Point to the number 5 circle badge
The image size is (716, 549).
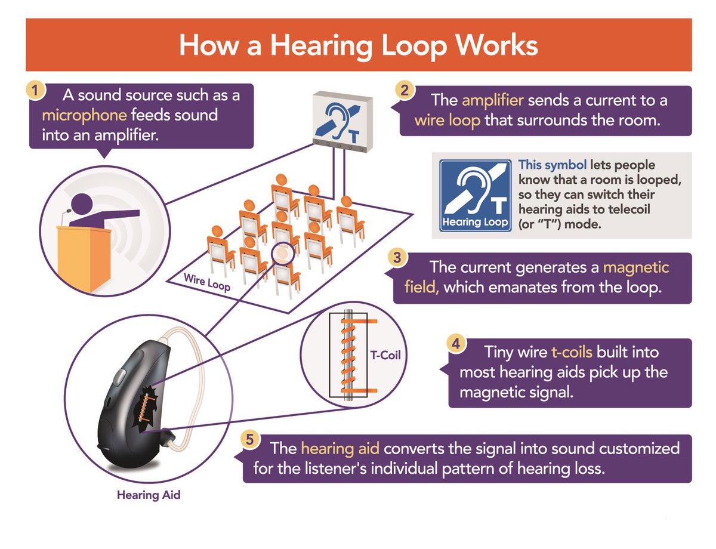coord(251,440)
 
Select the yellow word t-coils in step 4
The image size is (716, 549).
coord(572,352)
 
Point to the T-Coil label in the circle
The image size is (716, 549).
coord(386,357)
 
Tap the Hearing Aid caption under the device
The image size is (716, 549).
coord(148,495)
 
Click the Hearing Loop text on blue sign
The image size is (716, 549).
coord(475,222)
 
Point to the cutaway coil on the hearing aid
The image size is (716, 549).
coord(145,408)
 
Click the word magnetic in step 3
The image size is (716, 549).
coord(636,266)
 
